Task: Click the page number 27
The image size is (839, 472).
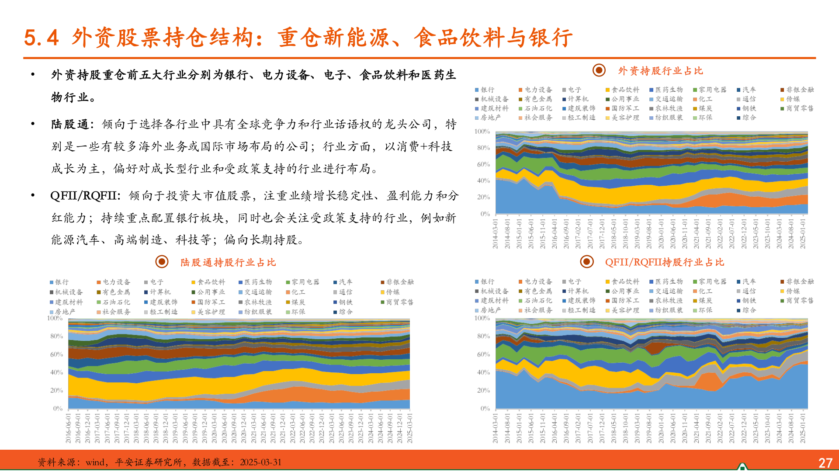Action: [x=825, y=463]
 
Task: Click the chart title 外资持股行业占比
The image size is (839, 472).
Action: [x=660, y=71]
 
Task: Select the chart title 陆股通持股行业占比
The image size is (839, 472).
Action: [x=228, y=262]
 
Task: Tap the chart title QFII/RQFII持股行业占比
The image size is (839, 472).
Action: [x=664, y=262]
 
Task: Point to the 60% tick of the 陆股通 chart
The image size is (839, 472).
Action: [x=56, y=354]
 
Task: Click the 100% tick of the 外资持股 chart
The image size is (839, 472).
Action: [x=482, y=132]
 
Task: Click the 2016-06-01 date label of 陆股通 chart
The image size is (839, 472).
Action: [x=68, y=428]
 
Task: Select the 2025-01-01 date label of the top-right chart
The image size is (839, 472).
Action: [x=803, y=234]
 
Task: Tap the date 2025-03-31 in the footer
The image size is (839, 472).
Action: [x=260, y=462]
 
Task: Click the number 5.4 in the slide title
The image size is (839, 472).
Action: [x=41, y=38]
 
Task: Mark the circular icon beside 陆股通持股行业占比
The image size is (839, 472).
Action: [x=162, y=262]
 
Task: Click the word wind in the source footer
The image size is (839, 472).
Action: [x=95, y=462]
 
